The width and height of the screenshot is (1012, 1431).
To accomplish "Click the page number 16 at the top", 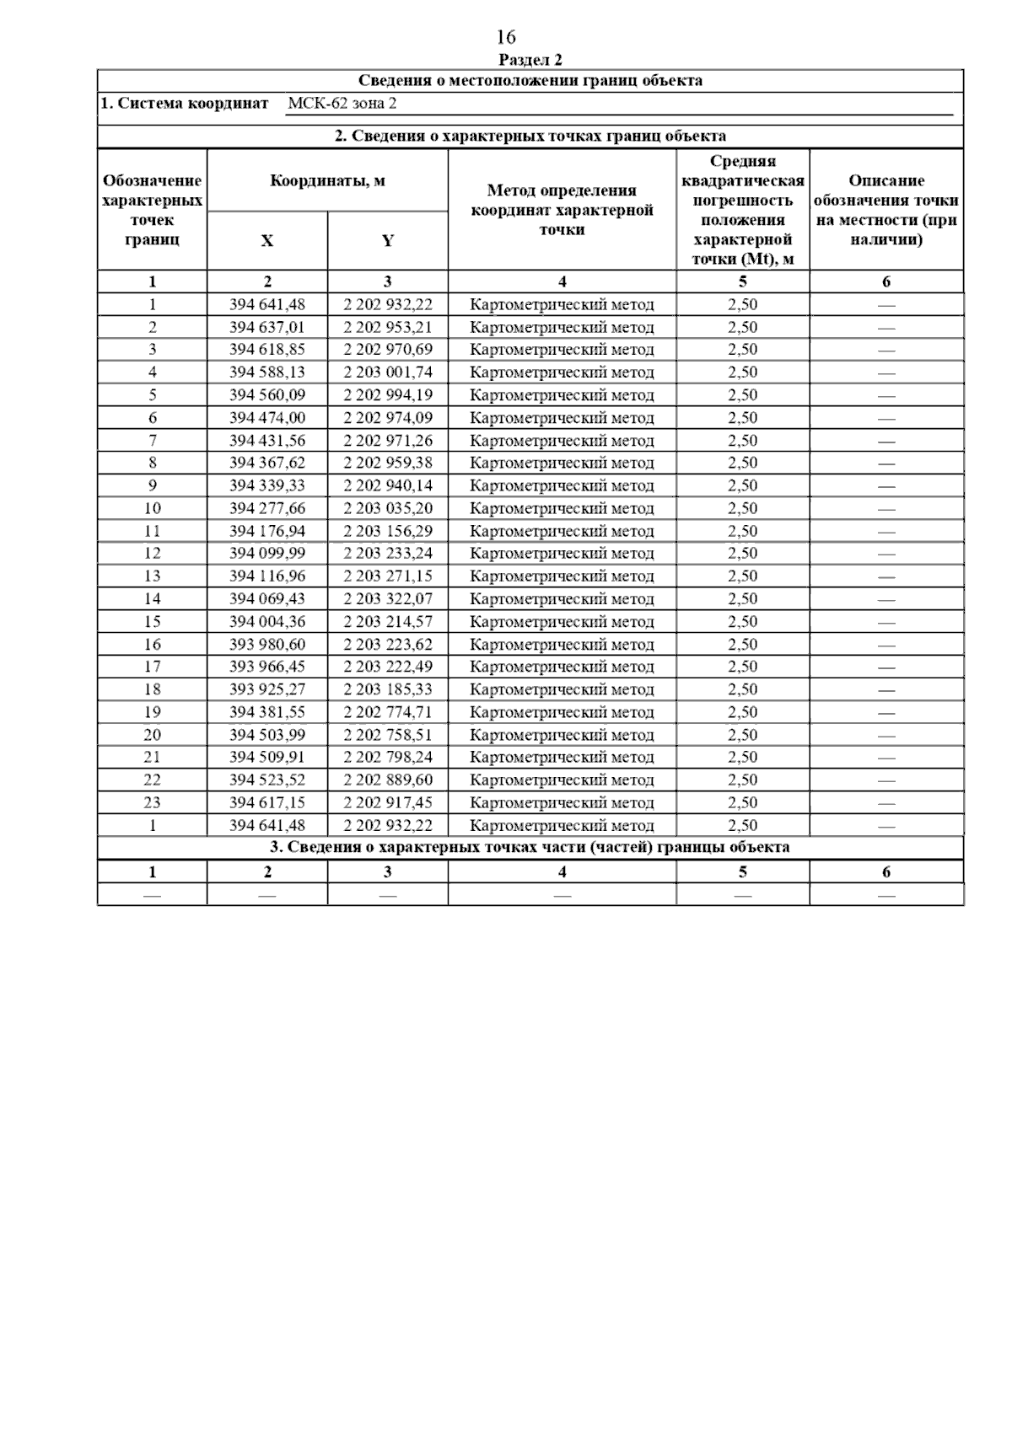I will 506,37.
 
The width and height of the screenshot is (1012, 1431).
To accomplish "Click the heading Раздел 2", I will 530,60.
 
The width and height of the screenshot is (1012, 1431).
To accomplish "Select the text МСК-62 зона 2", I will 342,104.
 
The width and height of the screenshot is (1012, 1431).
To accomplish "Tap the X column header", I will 267,241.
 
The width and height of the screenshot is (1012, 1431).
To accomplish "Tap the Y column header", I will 387,241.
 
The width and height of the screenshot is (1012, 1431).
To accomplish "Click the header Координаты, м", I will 327,180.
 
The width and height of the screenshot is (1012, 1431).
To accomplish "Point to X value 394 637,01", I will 267,327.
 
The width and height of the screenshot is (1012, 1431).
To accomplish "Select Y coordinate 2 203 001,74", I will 387,372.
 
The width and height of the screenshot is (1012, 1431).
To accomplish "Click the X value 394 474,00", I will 267,418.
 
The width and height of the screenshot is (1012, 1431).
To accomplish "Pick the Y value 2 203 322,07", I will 387,599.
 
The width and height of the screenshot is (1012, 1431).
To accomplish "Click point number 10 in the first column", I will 153,508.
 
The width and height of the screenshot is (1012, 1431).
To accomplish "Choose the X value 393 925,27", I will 267,689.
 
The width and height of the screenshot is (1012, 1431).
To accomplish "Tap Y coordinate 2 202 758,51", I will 387,735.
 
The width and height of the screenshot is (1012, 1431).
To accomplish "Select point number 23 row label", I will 153,802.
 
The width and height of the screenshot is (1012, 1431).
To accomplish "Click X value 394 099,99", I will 267,554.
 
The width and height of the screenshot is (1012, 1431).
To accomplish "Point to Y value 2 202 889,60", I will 387,780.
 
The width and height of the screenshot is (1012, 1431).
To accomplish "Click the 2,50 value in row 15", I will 742,622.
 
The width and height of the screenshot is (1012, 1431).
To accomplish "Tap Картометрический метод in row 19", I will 562,712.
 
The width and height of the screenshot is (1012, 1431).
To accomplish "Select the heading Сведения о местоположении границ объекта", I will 530,81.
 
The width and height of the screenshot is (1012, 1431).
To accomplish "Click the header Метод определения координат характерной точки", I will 562,210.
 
